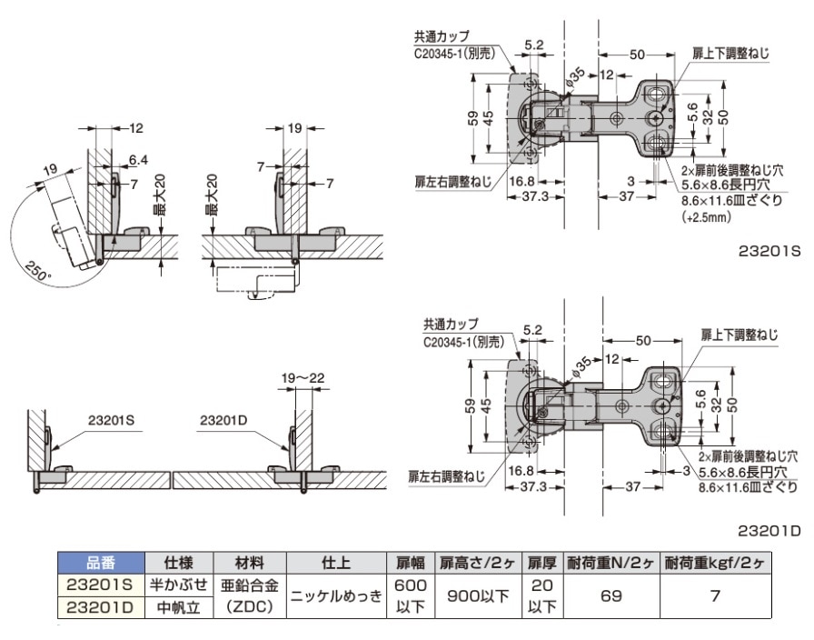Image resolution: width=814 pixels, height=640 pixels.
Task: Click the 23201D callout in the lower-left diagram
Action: (224, 420)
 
